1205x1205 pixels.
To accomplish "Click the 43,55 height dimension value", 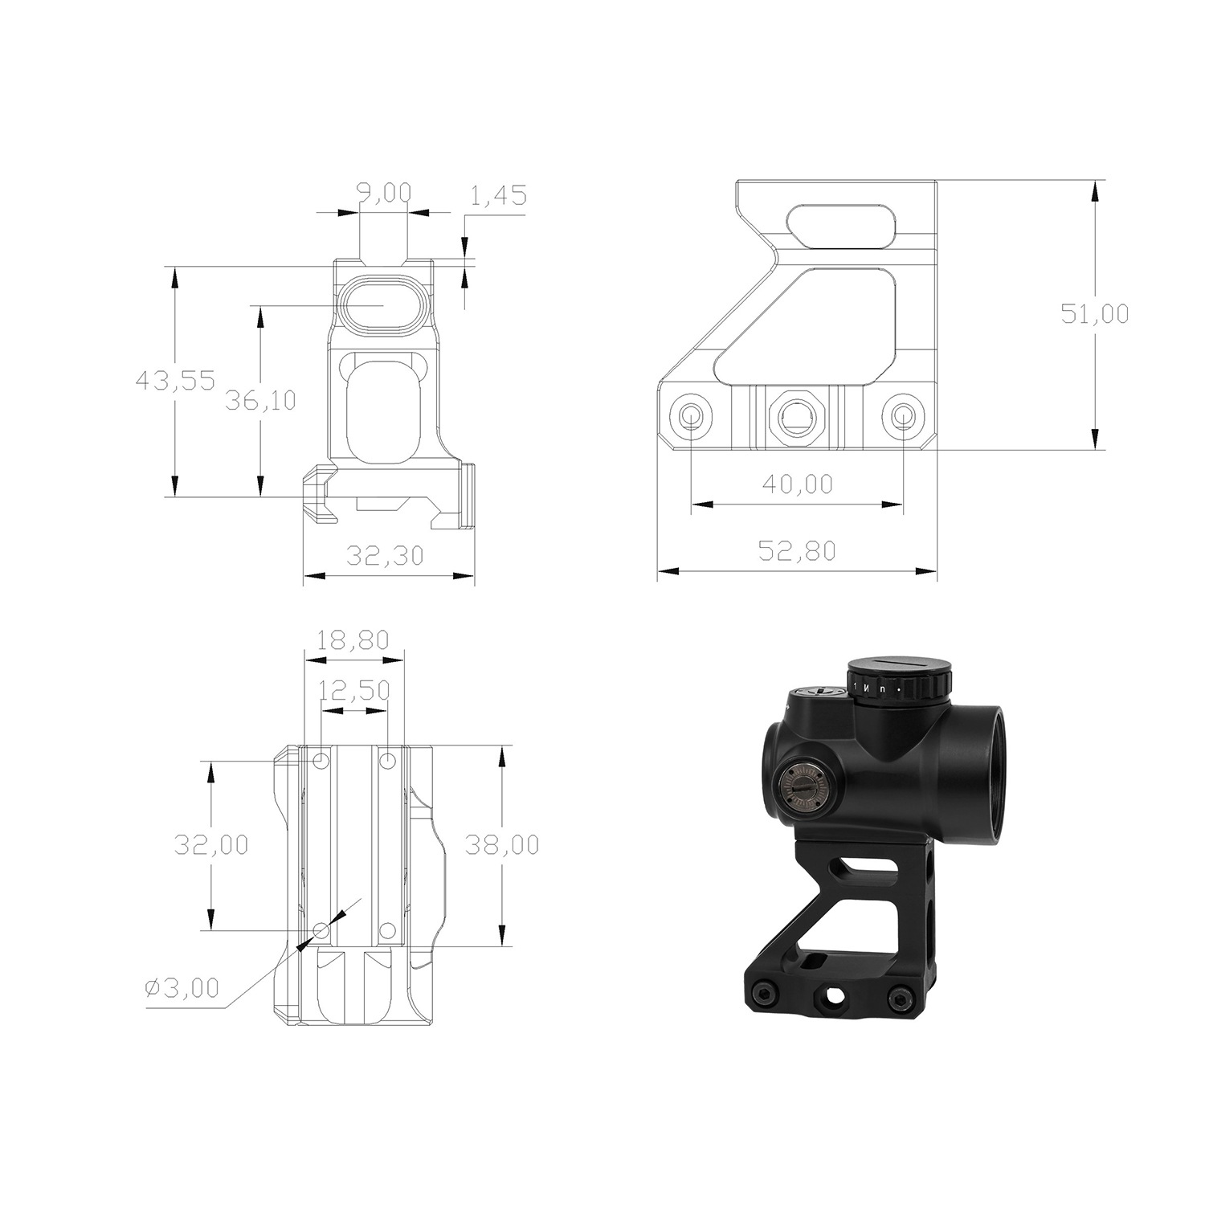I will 175,380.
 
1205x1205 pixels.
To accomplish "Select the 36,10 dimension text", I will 259,399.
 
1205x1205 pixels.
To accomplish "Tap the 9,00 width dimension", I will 383,193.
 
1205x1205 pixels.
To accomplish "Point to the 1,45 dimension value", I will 498,195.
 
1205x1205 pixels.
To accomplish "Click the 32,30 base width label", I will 384,555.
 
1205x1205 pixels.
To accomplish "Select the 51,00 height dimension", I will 1094,313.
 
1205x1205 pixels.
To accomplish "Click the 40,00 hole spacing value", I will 797,484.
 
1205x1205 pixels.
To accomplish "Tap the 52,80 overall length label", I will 797,551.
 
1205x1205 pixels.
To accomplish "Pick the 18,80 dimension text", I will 353,640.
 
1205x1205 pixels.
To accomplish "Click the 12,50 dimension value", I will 354,690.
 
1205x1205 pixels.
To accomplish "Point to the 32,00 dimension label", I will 211,844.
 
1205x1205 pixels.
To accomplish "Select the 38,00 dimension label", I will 501,844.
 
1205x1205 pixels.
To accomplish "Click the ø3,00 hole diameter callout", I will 182,988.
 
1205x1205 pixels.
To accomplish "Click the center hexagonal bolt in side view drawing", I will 796,415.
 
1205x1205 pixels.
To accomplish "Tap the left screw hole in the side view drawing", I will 691,415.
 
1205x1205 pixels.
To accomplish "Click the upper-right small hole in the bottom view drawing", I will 387,760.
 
